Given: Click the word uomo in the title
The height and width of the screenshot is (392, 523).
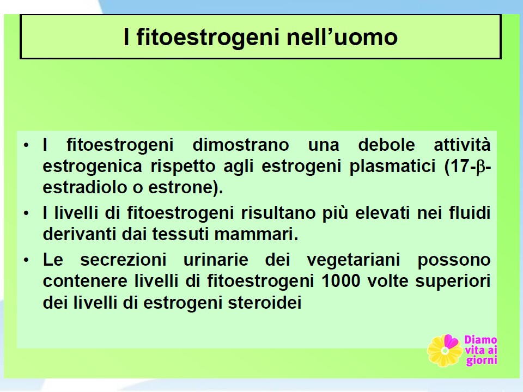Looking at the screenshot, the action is (366, 37).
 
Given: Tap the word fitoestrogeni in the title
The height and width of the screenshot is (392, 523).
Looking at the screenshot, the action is (208, 37).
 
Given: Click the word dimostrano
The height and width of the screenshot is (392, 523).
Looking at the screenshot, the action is (241, 145).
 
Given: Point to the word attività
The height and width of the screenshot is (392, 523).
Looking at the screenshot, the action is (462, 145).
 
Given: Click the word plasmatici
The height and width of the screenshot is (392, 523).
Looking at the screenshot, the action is (393, 167).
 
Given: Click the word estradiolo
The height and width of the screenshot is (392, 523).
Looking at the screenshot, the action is (85, 187).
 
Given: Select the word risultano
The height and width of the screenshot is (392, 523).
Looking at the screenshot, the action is (278, 213).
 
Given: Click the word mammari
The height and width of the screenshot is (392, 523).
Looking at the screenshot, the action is (256, 234).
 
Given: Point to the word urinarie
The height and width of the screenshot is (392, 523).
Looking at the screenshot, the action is (216, 260).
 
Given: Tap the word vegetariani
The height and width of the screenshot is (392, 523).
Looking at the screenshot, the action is (353, 260).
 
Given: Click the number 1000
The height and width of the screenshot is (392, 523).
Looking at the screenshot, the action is (341, 281).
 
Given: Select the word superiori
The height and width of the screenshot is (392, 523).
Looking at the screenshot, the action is (453, 281).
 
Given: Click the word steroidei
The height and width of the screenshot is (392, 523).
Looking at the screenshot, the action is (265, 303).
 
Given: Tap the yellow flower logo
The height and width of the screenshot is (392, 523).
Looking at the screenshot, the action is (445, 350).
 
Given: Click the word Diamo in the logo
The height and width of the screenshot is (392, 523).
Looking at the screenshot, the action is (481, 340).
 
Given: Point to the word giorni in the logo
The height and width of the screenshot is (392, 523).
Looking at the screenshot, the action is (481, 360).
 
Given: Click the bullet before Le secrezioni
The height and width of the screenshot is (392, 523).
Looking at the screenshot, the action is (26, 261).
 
